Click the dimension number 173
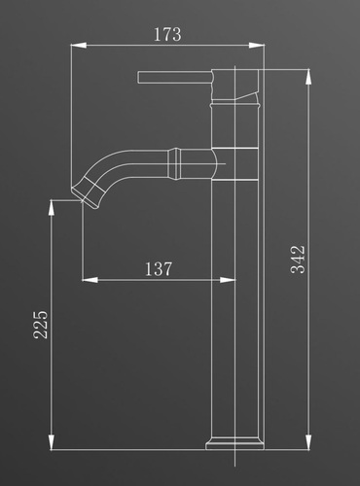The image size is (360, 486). tap(167, 34)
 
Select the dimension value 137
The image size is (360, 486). tap(159, 269)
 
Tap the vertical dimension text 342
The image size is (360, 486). tap(298, 260)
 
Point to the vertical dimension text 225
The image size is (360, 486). tap(41, 325)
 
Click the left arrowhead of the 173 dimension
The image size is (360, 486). tap(79, 46)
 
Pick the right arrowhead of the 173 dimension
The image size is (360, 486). tap(257, 46)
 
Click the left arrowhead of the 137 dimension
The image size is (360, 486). tap(90, 280)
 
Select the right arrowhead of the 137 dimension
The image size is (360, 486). tap(228, 280)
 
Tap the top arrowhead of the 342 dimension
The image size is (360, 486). tap(308, 77)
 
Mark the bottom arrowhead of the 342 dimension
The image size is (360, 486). tap(308, 441)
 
